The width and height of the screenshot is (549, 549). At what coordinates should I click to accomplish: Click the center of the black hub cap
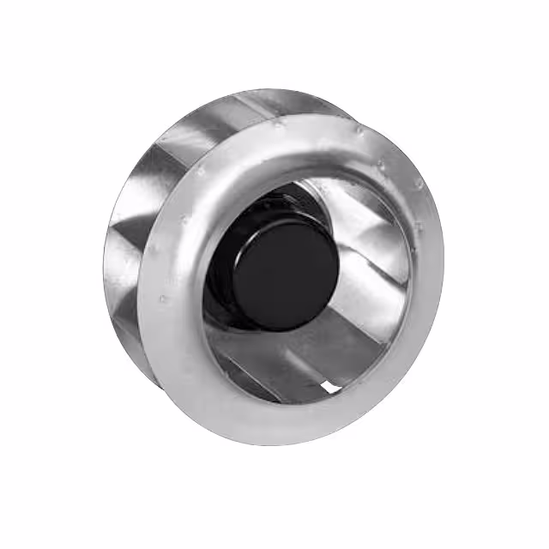pos(284,274)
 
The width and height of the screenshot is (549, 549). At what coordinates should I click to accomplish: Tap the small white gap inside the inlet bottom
pos(329,388)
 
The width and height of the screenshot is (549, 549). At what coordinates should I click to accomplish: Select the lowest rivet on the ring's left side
pos(164,299)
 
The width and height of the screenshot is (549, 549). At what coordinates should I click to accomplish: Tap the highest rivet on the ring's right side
pos(359,130)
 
